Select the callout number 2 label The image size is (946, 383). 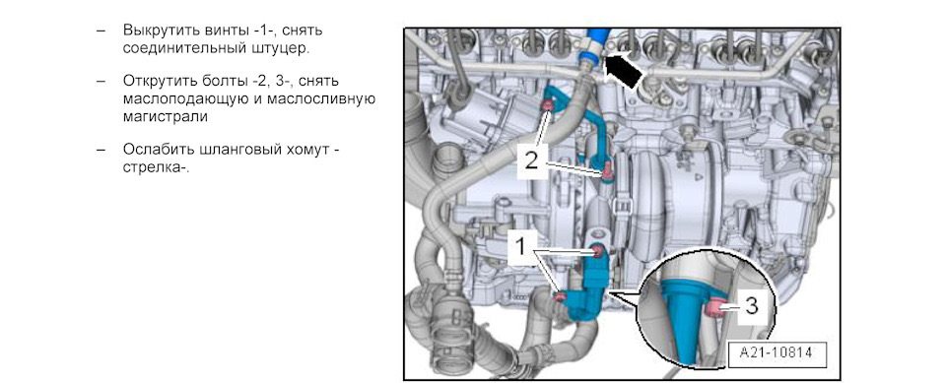coord(530,160)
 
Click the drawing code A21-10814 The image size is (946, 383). coord(777,352)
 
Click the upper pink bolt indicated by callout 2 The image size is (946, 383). coord(548,106)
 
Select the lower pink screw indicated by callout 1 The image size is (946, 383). coord(560,295)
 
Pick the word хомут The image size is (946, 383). coord(301,149)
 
